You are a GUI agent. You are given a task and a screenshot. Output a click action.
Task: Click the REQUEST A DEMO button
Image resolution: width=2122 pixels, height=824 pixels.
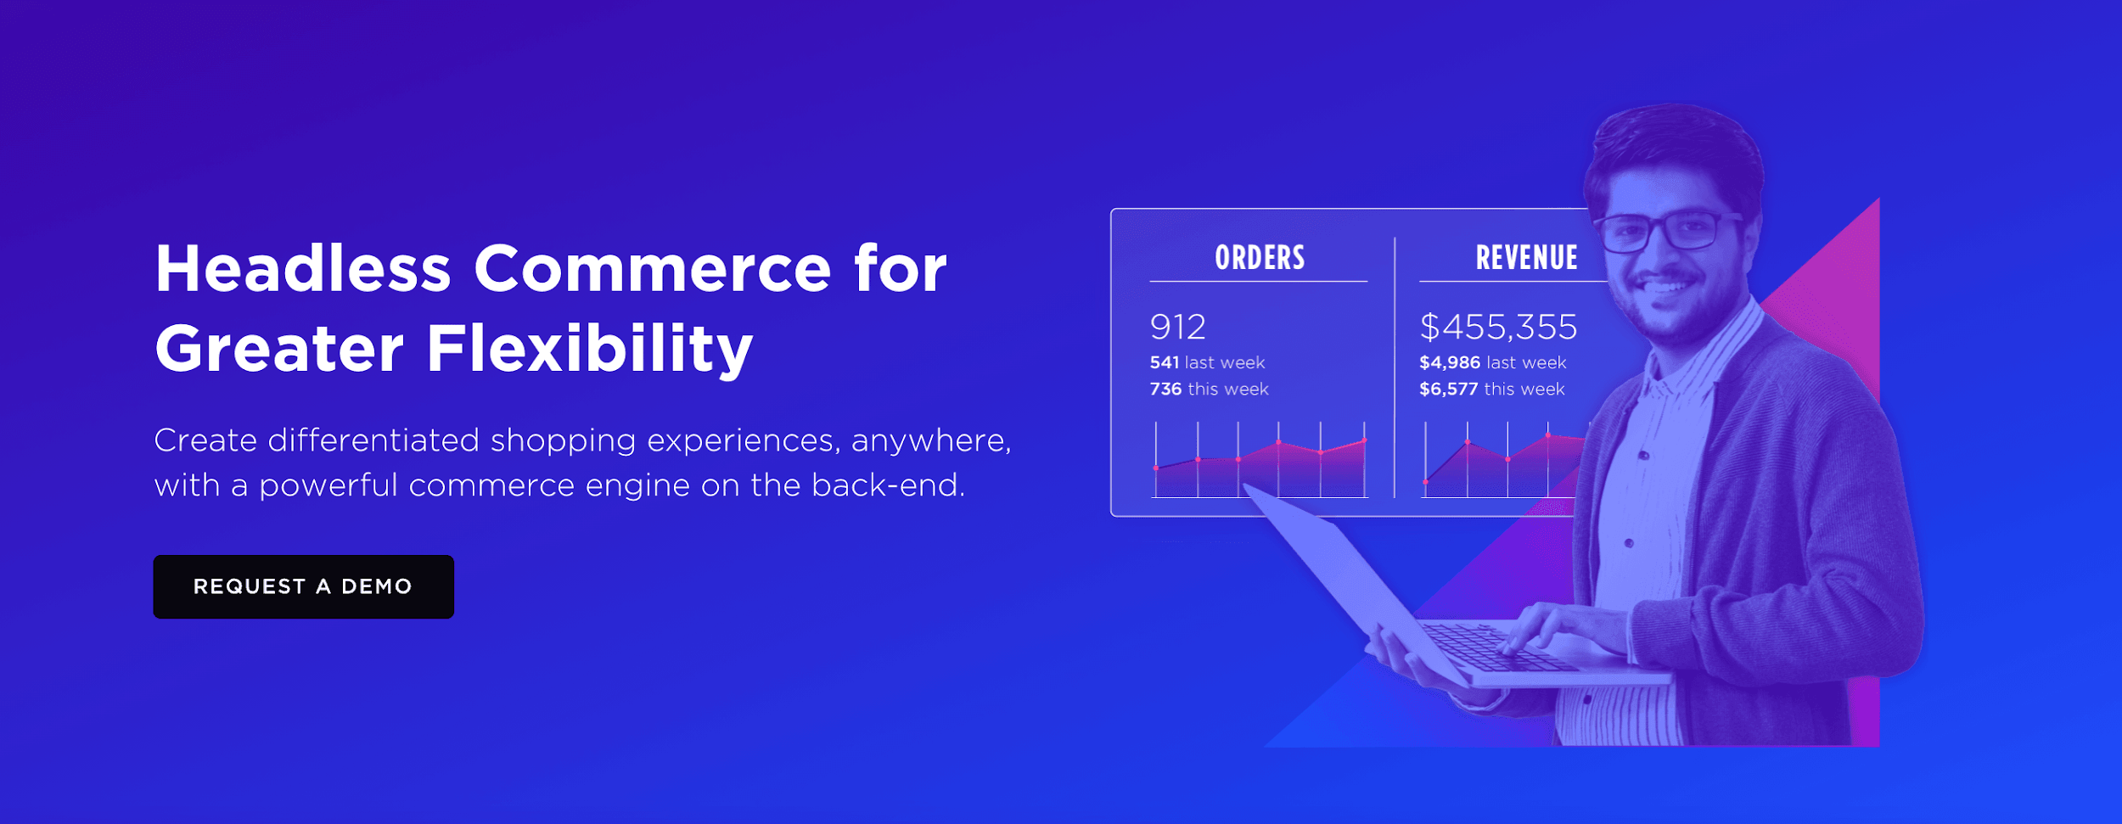(x=303, y=586)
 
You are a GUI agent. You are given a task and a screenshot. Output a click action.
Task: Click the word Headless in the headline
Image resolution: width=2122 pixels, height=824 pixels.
(x=302, y=269)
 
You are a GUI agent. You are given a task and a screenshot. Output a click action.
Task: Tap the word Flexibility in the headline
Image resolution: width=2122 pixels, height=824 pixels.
(x=589, y=349)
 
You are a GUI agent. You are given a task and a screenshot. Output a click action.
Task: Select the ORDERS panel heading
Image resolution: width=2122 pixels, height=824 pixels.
(x=1260, y=258)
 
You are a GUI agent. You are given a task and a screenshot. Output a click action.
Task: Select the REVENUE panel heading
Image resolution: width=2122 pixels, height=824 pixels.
(x=1526, y=258)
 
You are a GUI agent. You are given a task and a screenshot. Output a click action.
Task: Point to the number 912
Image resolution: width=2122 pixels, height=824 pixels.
(x=1177, y=327)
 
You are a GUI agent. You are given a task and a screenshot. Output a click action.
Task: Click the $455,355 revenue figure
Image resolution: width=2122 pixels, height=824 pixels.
(x=1498, y=327)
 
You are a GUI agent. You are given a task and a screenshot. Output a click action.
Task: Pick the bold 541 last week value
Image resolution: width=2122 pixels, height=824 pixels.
(x=1164, y=362)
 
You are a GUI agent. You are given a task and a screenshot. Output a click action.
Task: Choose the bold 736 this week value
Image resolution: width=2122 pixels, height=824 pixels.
(x=1165, y=389)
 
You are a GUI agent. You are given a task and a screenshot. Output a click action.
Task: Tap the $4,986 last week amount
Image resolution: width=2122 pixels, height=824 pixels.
(x=1450, y=362)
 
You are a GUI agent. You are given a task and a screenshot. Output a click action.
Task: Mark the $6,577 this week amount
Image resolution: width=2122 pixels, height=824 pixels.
(x=1448, y=389)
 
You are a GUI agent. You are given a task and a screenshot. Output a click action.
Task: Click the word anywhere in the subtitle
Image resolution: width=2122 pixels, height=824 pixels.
(x=930, y=441)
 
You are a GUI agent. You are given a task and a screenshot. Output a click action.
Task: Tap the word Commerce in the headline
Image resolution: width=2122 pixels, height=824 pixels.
(x=652, y=269)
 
